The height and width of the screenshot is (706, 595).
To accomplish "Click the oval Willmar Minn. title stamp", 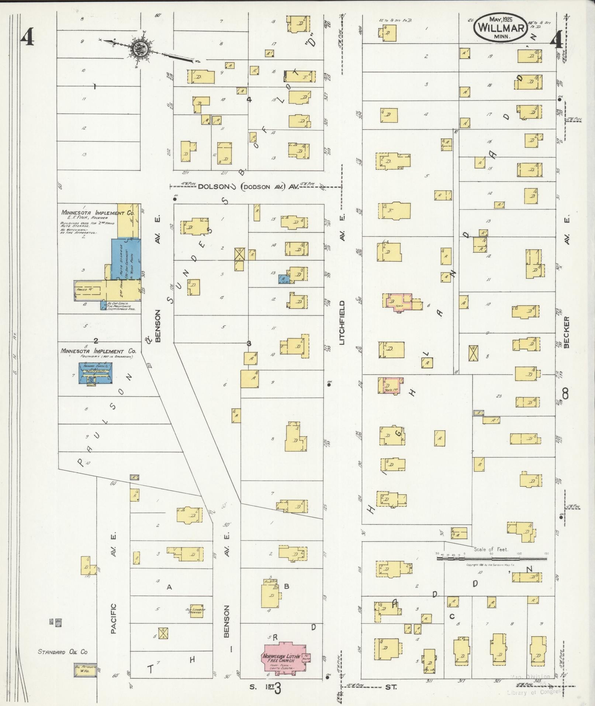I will pyautogui.click(x=501, y=27).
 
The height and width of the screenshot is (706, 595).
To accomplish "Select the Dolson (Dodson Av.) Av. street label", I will pyautogui.click(x=248, y=187).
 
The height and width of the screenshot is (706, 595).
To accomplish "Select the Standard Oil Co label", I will pyautogui.click(x=63, y=652).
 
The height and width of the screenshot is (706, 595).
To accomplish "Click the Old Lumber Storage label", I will pyautogui.click(x=196, y=610).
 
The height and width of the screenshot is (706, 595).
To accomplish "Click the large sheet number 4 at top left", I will pyautogui.click(x=28, y=37).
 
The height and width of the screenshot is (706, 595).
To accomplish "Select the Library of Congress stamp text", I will pyautogui.click(x=534, y=693).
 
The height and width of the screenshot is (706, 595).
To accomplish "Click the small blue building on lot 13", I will pyautogui.click(x=284, y=279).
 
